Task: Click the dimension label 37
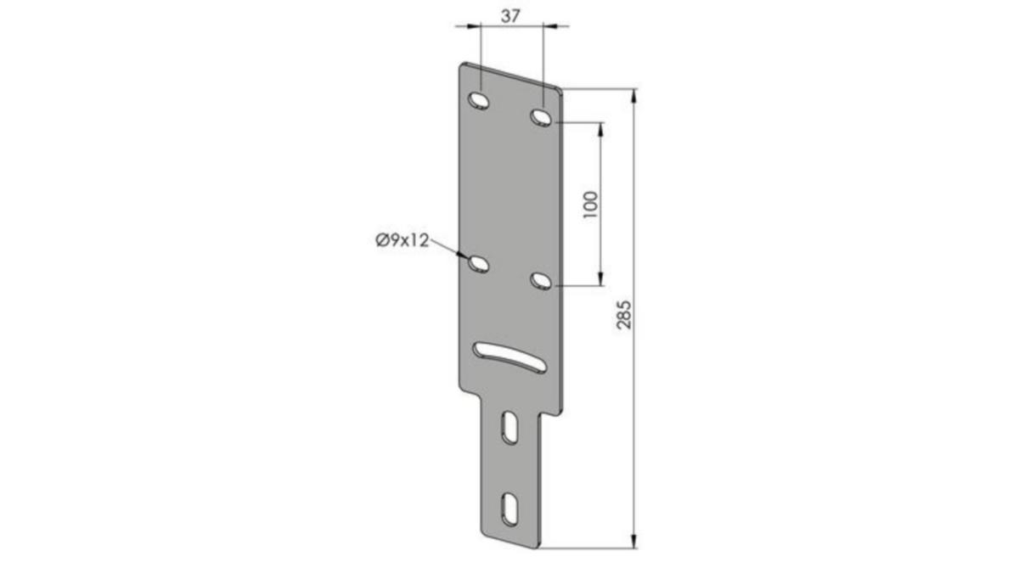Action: [510, 16]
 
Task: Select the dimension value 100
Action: [590, 205]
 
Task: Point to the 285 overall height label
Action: [623, 314]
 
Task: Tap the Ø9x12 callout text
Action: [403, 240]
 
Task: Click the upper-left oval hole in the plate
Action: [479, 100]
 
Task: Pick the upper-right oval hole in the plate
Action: [542, 117]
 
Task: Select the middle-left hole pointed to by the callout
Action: [479, 264]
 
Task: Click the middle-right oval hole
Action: [542, 280]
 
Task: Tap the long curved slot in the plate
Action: [509, 357]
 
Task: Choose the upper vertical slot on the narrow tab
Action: [509, 428]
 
